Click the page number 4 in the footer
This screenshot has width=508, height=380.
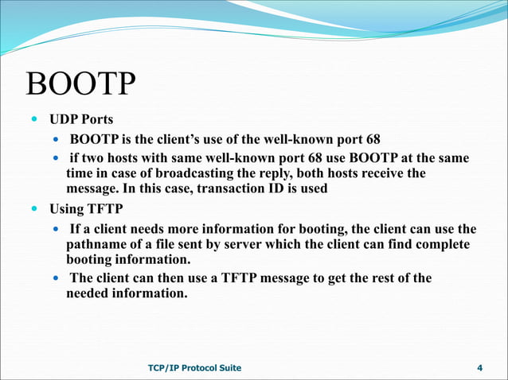[x=479, y=367]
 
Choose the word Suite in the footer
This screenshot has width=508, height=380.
[x=225, y=367]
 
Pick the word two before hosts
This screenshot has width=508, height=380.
[x=93, y=157]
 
